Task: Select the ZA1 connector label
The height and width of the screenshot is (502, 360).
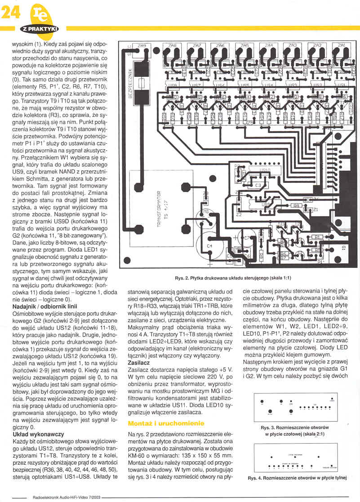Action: (x=341, y=45)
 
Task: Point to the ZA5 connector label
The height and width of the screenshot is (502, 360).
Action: (x=244, y=45)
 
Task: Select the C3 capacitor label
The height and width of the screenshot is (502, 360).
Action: (x=258, y=185)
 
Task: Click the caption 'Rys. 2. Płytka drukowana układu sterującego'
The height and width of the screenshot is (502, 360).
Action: (x=234, y=278)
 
